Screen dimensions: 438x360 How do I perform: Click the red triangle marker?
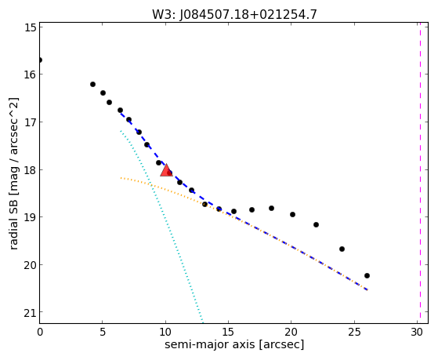click(166, 170)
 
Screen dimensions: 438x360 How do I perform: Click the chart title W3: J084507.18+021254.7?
click(234, 15)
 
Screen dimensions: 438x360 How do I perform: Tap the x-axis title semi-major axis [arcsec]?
click(234, 344)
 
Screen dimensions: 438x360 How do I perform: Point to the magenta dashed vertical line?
click(420, 173)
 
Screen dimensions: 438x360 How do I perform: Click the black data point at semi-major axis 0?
click(40, 60)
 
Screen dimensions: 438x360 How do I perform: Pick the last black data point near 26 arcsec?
click(367, 275)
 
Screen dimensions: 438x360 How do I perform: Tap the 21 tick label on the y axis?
click(30, 313)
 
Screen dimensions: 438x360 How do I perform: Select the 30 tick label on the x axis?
click(417, 332)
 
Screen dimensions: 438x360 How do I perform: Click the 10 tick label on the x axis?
click(165, 332)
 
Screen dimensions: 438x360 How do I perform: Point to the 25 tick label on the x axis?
click(354, 332)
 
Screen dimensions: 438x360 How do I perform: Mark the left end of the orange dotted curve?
click(121, 177)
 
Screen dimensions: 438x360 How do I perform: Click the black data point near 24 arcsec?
click(342, 249)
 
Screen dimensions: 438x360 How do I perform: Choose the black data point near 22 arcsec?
click(316, 224)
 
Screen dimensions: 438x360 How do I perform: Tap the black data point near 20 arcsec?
click(292, 215)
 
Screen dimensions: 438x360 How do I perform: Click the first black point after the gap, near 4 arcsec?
click(92, 84)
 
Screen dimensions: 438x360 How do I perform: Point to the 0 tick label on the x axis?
click(40, 332)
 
